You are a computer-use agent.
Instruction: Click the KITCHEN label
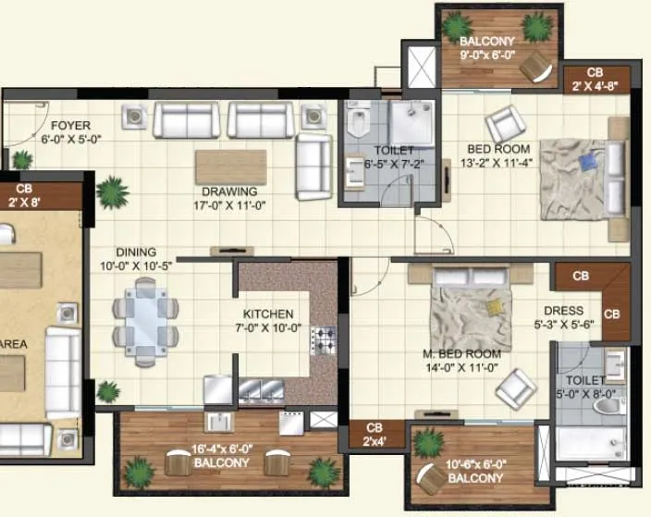click(x=268, y=314)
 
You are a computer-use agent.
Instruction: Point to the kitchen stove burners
click(x=324, y=340)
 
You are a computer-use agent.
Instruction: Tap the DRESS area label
click(x=563, y=312)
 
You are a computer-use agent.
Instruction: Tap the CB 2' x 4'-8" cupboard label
click(x=596, y=80)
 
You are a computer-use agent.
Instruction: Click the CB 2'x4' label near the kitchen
click(x=374, y=434)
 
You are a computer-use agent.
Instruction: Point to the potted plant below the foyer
click(x=113, y=191)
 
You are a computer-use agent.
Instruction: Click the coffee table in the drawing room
click(x=230, y=166)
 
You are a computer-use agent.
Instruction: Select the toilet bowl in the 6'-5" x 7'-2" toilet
click(x=358, y=124)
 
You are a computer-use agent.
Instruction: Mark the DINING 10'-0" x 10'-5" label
click(x=135, y=259)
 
